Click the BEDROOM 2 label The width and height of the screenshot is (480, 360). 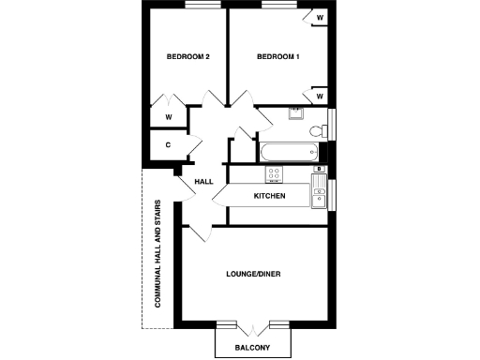[187, 57]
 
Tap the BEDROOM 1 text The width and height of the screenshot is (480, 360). [278, 57]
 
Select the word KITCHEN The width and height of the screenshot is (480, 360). [269, 196]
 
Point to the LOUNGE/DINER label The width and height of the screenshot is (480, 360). [254, 275]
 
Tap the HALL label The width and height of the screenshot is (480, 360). [204, 181]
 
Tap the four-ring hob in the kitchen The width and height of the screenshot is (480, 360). [277, 173]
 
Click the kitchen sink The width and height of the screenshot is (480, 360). [320, 196]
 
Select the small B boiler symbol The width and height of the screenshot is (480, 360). [319, 170]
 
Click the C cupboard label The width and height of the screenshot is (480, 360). [168, 145]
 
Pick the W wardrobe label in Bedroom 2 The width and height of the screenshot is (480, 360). [169, 117]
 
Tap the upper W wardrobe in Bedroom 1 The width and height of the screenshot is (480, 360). [320, 18]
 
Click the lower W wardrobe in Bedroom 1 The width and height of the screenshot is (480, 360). [320, 96]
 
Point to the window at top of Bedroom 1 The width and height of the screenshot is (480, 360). [278, 5]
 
